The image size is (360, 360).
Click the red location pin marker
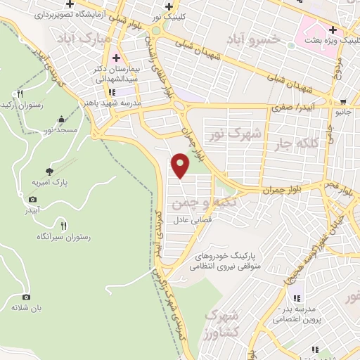pos(181,165)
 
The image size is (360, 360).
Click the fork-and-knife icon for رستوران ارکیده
pos(21,94)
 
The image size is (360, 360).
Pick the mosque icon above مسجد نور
pos(61,120)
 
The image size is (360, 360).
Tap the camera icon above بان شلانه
pos(27,297)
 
